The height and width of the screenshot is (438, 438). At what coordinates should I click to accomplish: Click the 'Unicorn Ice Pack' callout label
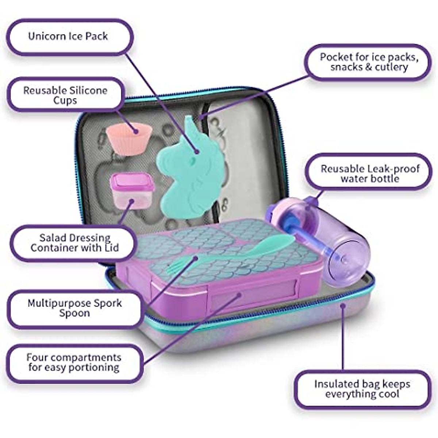[x=68, y=36]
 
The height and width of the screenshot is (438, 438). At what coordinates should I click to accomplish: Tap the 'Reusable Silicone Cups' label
[x=65, y=95]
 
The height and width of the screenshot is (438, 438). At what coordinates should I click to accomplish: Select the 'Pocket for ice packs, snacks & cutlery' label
[x=369, y=62]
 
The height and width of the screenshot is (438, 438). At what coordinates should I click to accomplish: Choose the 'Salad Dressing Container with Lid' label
[x=74, y=243]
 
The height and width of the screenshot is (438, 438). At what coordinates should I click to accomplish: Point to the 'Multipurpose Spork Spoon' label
[x=74, y=308]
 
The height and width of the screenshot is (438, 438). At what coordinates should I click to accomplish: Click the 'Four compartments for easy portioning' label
[x=74, y=362]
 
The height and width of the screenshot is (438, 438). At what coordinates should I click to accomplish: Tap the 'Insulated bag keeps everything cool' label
[x=362, y=389]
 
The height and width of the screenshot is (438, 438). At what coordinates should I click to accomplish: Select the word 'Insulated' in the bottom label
[x=336, y=384]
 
